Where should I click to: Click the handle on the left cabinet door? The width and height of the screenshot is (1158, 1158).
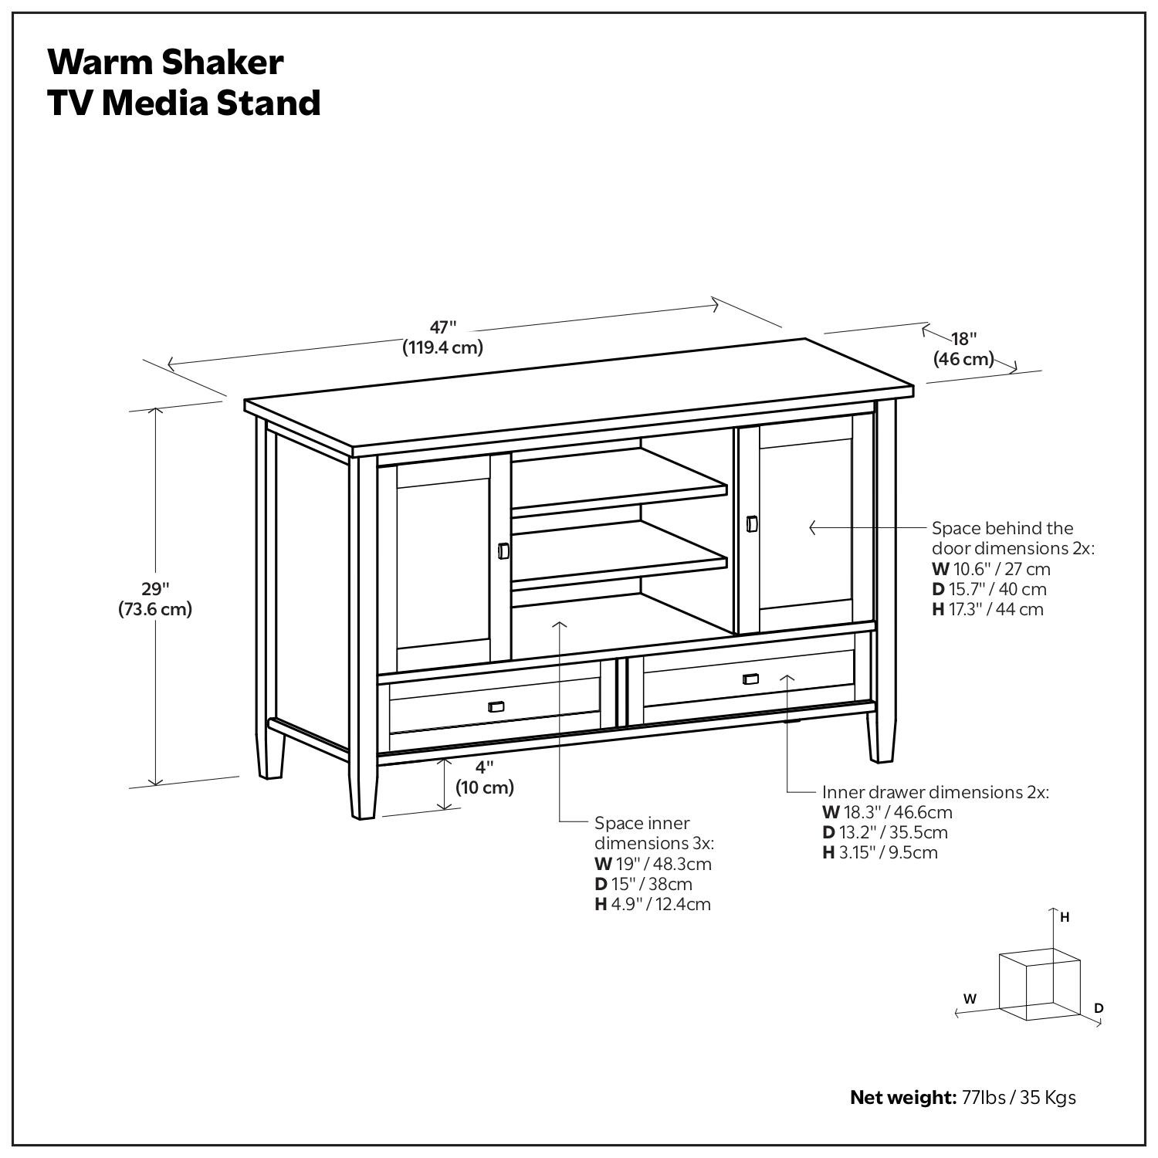(503, 550)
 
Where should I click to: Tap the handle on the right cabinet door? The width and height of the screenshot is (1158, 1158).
(752, 524)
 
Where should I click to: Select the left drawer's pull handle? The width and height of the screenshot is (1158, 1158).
(496, 706)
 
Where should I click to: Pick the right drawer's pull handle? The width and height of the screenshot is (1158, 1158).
(750, 679)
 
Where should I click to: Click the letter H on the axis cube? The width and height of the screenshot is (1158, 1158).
(1065, 917)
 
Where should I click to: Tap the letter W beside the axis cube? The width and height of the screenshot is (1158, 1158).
(970, 998)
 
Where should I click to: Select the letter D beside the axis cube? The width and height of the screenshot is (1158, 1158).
(1099, 1007)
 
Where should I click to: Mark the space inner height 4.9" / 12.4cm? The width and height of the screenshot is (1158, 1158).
(661, 904)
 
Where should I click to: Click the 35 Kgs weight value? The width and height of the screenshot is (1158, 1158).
(1048, 1097)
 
